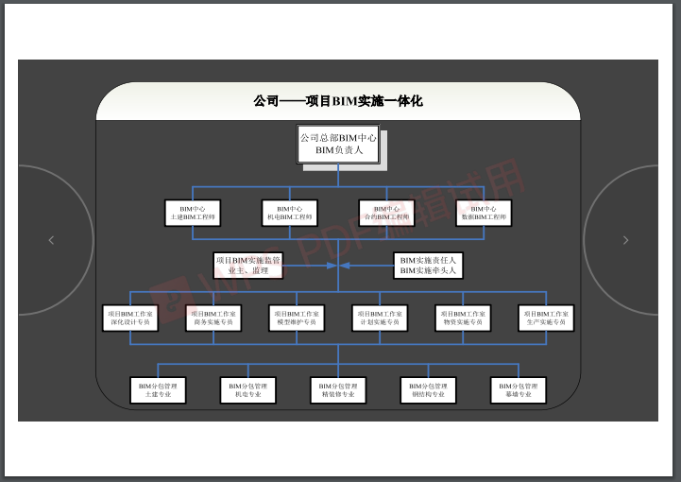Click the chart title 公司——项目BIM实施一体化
point(337,101)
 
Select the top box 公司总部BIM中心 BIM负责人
point(338,145)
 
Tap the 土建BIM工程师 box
point(192,213)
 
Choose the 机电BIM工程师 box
point(289,213)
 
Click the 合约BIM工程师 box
point(385,213)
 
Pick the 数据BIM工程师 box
point(483,213)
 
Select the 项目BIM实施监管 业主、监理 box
point(248,266)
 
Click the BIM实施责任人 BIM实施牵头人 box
point(428,266)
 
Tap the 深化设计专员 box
point(129,318)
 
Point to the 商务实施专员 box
point(213,318)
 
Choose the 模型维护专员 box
point(297,318)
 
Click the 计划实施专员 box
point(380,318)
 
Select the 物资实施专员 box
point(463,318)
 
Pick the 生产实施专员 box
point(546,318)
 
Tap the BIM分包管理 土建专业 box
point(158,390)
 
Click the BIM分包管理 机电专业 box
point(247,390)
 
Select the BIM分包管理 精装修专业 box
point(337,390)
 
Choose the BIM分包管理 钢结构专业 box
point(428,390)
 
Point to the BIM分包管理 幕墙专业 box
point(519,390)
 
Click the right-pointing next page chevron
point(625,241)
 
